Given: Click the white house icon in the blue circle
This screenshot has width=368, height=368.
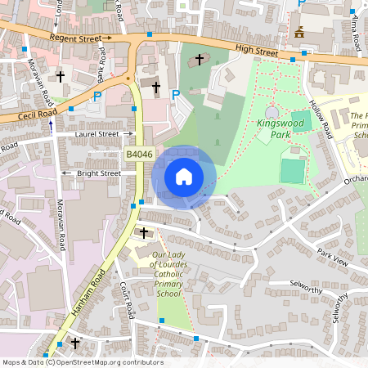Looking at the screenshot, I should (184, 176).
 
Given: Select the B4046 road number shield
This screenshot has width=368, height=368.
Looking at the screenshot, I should (139, 154).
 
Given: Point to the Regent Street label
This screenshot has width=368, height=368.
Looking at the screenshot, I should (79, 38).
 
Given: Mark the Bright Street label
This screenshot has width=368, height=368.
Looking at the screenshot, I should (99, 173).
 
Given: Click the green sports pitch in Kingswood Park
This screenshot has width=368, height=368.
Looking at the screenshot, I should (291, 170).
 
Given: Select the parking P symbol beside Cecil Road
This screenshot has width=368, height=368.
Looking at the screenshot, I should (96, 96).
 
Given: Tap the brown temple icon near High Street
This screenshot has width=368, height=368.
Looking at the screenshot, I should (298, 32).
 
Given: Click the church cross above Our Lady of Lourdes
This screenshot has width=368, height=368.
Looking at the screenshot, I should (145, 233).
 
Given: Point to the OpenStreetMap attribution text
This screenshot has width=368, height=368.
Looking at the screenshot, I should (83, 362).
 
